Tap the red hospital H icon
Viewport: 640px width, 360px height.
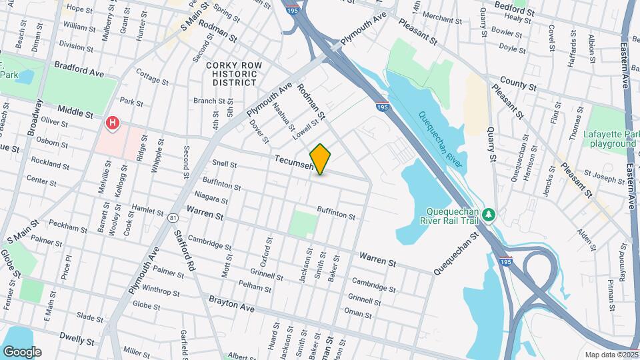(113, 123)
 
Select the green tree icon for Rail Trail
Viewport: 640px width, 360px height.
(490, 214)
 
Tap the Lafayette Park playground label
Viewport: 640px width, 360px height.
(609, 139)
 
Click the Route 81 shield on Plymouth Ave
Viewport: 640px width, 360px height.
(173, 217)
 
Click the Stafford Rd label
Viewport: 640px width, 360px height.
(183, 247)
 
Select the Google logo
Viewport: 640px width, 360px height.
(21, 352)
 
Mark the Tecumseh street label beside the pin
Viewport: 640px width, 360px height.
(293, 163)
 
